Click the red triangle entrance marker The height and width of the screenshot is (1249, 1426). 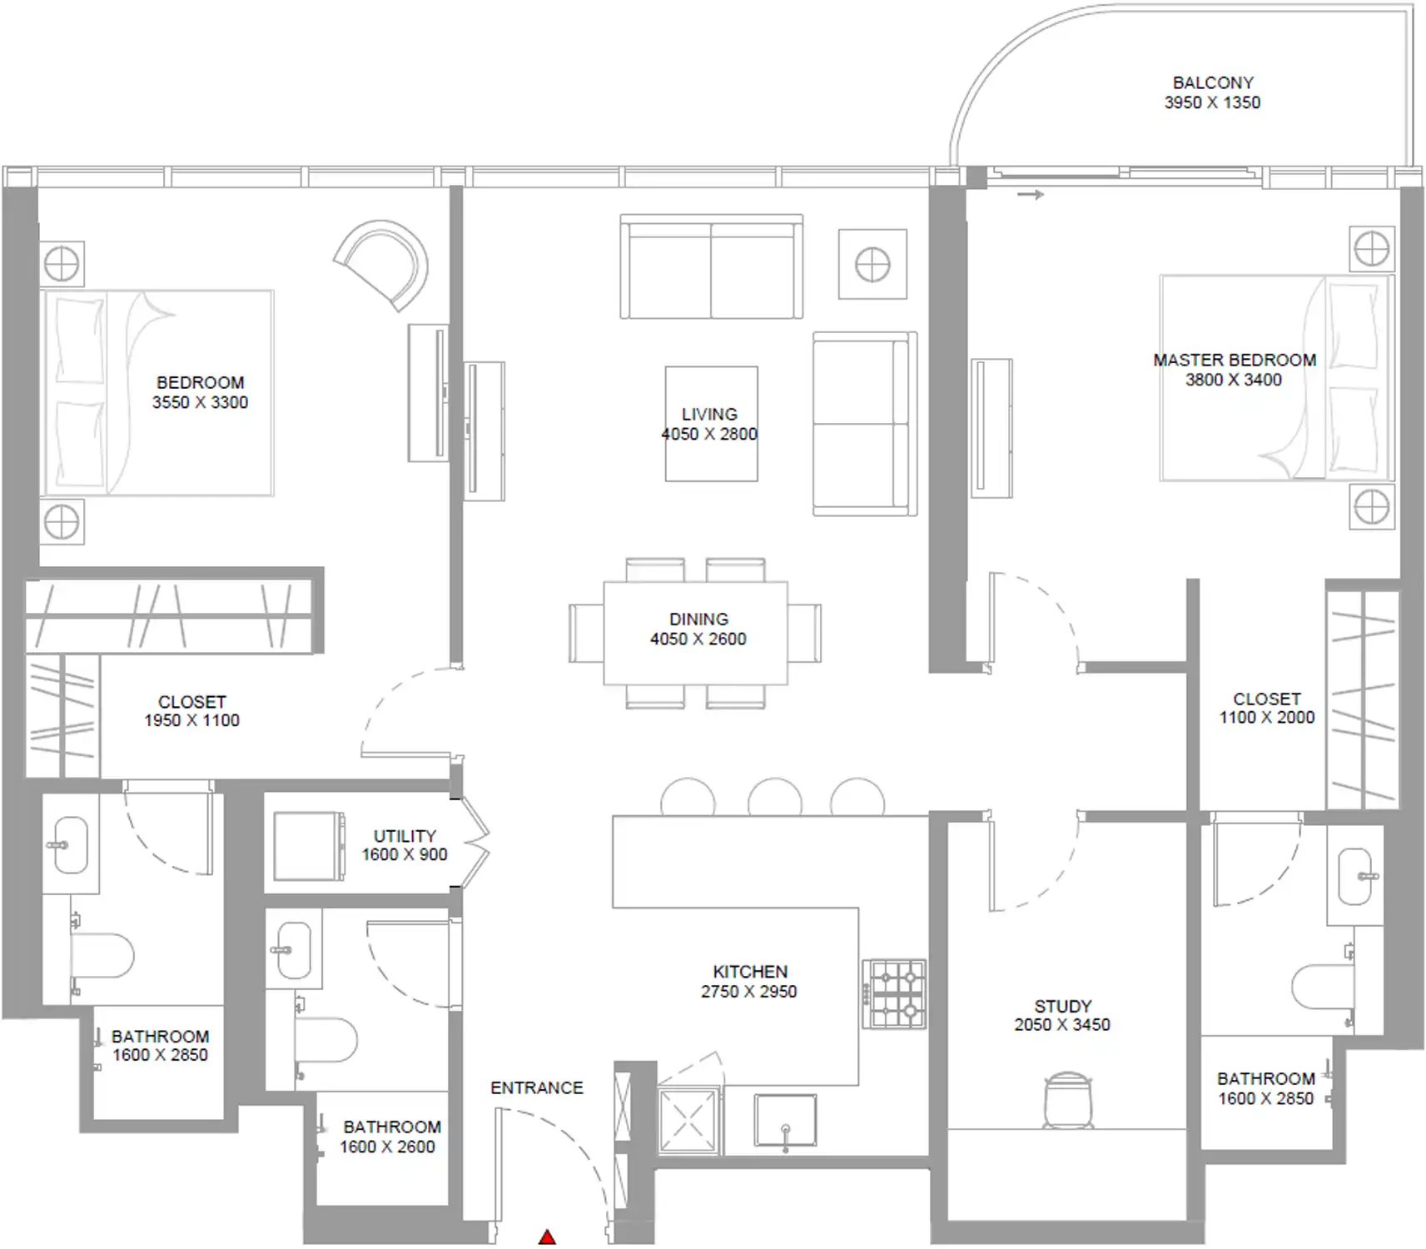pyautogui.click(x=547, y=1237)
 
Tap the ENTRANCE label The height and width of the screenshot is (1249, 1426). pyautogui.click(x=537, y=1087)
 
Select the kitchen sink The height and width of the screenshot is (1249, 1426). pyautogui.click(x=785, y=1121)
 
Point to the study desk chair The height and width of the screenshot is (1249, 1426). pyautogui.click(x=1067, y=1100)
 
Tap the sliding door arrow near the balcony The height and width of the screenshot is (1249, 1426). pyautogui.click(x=1031, y=195)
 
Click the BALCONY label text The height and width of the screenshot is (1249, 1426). pyautogui.click(x=1213, y=83)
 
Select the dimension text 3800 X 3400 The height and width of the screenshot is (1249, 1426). pyautogui.click(x=1234, y=380)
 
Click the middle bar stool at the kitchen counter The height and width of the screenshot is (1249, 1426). pyautogui.click(x=775, y=797)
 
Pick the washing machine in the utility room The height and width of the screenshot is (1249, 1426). pyautogui.click(x=309, y=846)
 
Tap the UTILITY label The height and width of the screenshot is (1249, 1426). pyautogui.click(x=405, y=836)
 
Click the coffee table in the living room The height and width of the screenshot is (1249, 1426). pyautogui.click(x=712, y=424)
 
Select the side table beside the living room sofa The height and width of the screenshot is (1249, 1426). pyautogui.click(x=872, y=264)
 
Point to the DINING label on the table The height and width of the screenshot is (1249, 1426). pyautogui.click(x=698, y=620)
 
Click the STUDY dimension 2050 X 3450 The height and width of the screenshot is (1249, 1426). pyautogui.click(x=1062, y=1025)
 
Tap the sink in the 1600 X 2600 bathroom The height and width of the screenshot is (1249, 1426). pyautogui.click(x=292, y=949)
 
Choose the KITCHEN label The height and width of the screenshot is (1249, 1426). pyautogui.click(x=750, y=972)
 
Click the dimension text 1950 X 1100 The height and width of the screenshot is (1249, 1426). pyautogui.click(x=191, y=720)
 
